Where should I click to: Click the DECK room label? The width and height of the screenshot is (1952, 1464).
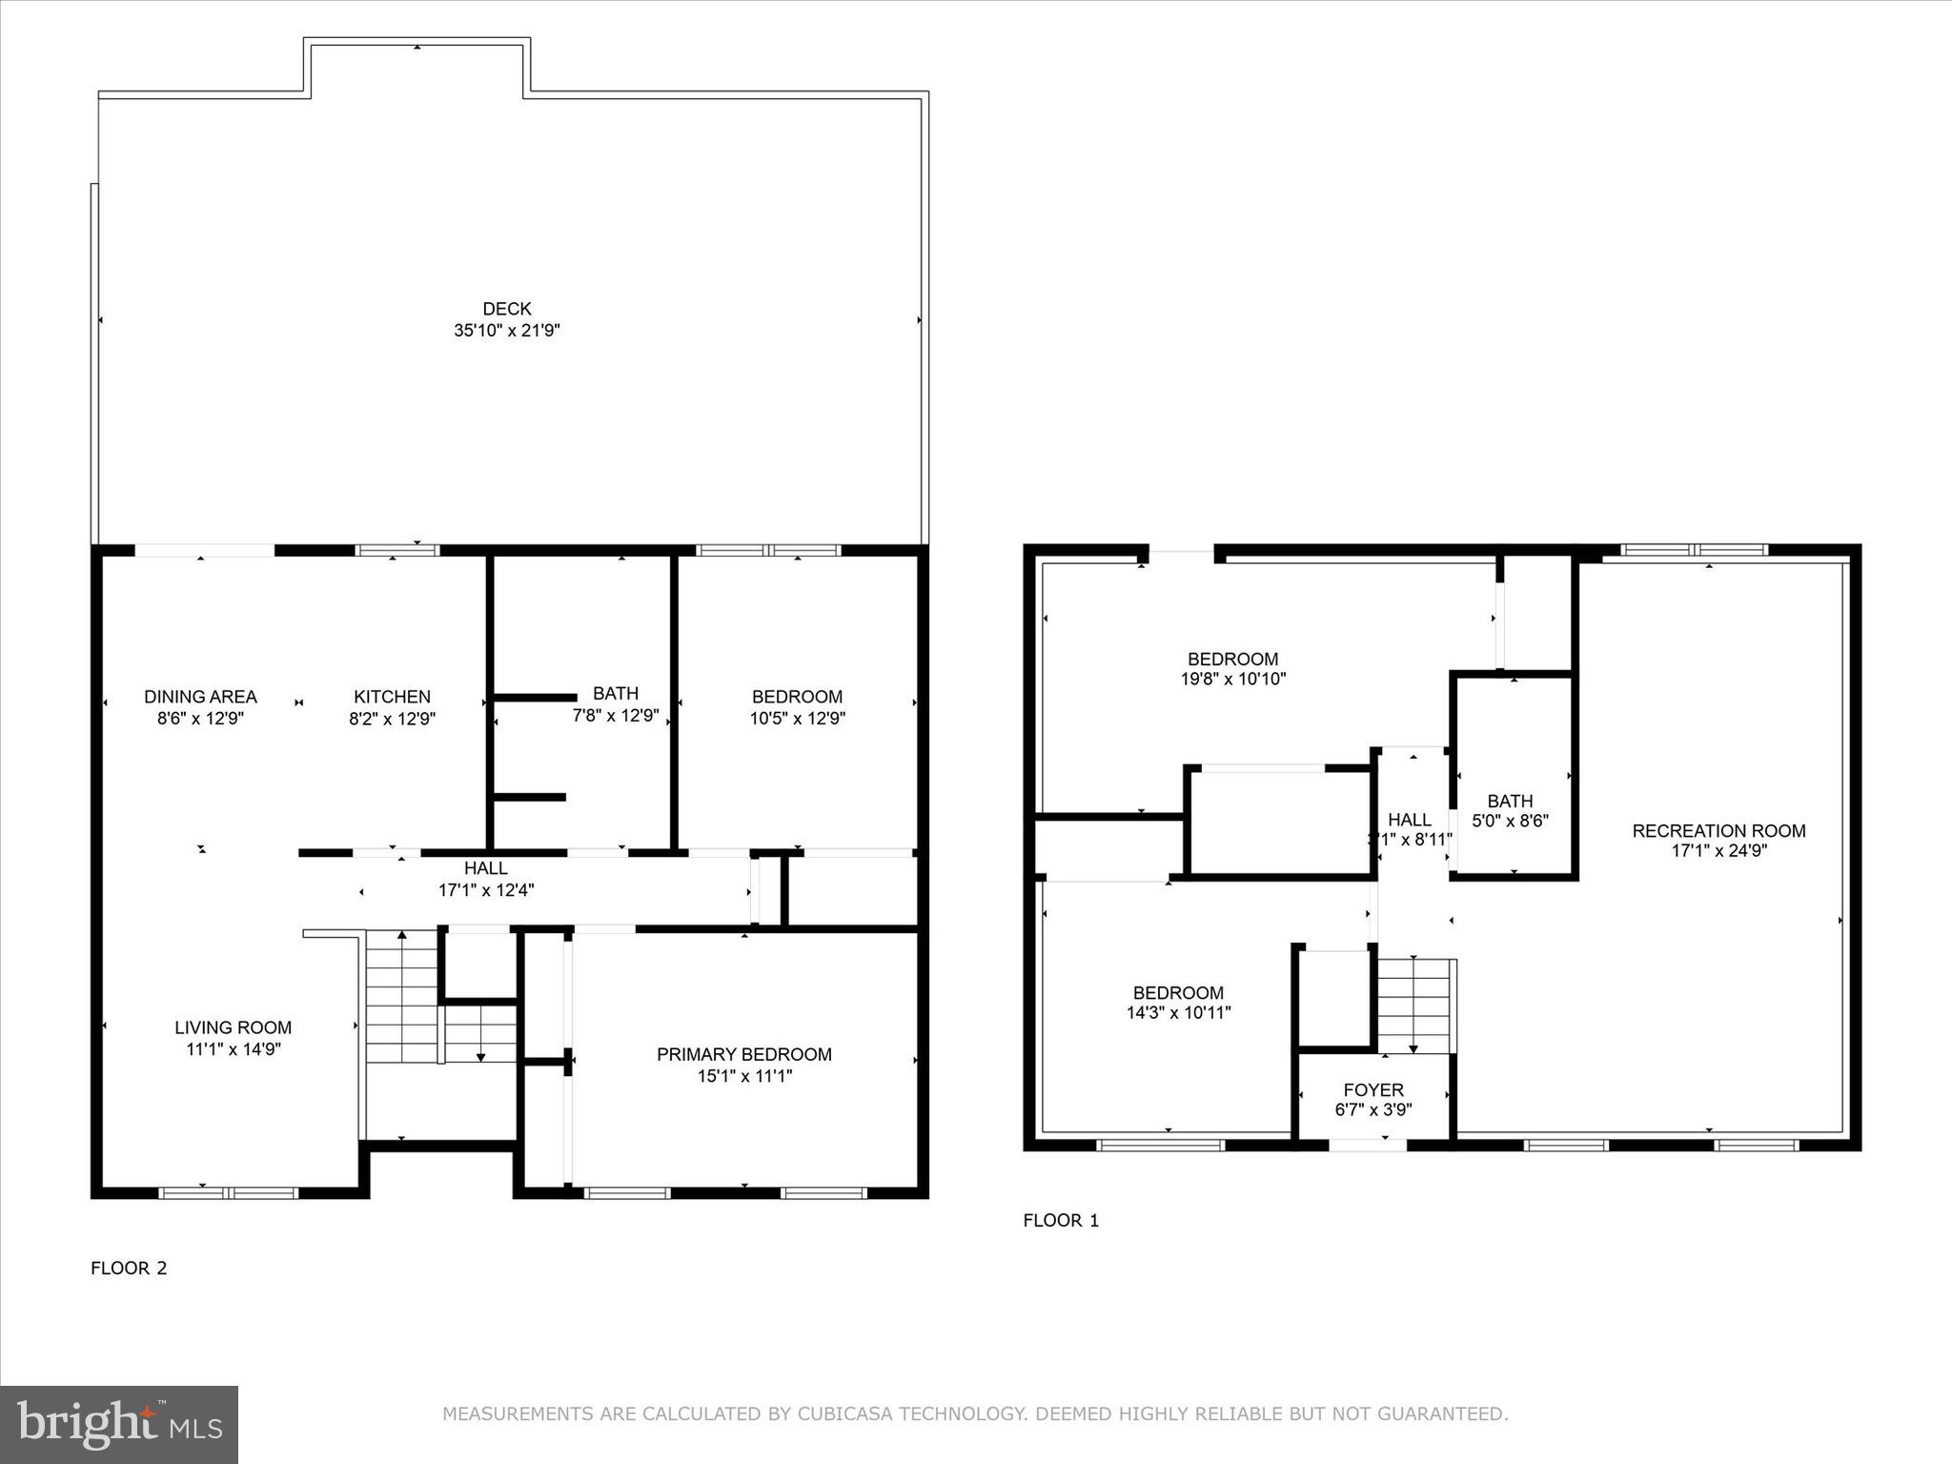(x=506, y=309)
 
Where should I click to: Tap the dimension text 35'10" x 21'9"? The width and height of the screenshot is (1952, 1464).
(x=506, y=331)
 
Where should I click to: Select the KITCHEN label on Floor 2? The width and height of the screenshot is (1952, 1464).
(x=392, y=697)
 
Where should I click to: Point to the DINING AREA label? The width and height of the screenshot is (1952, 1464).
(x=200, y=697)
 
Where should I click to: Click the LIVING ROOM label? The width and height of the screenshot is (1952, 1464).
(x=233, y=1027)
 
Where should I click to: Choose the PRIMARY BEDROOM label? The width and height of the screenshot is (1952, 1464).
(x=743, y=1054)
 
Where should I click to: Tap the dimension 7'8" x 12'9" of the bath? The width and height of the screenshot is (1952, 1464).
(x=615, y=715)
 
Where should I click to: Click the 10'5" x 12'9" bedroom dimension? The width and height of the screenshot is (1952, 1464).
(x=797, y=719)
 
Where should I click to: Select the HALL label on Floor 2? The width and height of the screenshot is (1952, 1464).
(x=485, y=868)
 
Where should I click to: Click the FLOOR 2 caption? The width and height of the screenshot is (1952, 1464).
(x=129, y=1268)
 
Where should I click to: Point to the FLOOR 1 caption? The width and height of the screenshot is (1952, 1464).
(x=1061, y=1220)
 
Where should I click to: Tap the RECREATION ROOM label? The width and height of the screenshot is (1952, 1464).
(x=1718, y=831)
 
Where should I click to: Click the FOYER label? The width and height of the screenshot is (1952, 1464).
(x=1373, y=1089)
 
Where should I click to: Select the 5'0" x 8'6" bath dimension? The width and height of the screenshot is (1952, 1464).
(x=1510, y=821)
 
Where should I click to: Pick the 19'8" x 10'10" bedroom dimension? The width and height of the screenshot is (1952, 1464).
(x=1232, y=680)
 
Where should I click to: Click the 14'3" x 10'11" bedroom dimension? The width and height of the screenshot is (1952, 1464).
(x=1178, y=1013)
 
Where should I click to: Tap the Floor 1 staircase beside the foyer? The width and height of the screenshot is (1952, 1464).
(x=1414, y=1006)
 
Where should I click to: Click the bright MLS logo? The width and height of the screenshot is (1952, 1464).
(x=119, y=1424)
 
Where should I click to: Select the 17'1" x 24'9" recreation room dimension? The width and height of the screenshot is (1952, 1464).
(x=1718, y=851)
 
